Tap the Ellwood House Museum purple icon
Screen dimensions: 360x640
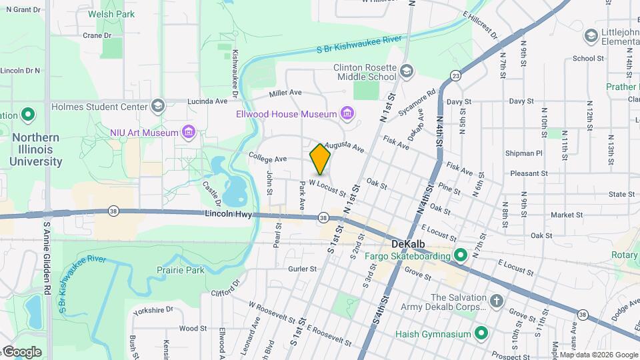click(x=347, y=114)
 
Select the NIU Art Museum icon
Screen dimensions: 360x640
click(x=189, y=132)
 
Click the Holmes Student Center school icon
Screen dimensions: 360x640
click(x=158, y=106)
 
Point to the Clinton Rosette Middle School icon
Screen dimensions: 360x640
click(x=407, y=70)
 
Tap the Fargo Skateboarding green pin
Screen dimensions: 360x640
click(x=460, y=255)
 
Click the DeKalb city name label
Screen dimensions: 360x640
click(x=409, y=244)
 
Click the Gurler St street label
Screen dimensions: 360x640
click(x=302, y=269)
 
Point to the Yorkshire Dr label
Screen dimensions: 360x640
click(x=153, y=310)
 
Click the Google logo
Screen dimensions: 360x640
click(x=22, y=351)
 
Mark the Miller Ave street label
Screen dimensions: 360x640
click(x=286, y=93)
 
